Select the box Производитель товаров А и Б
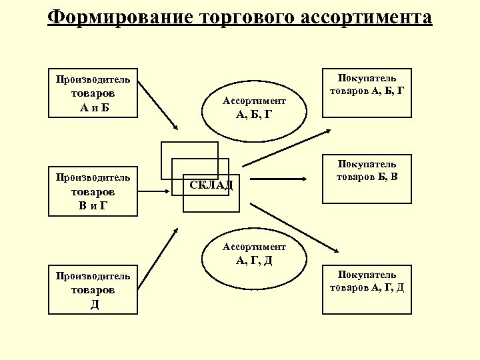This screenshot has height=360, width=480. tap(93, 93)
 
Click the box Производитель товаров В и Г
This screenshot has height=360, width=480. tap(93, 191)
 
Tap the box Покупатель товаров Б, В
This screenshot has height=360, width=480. tap(366, 178)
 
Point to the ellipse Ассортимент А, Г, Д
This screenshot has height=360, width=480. tap(254, 254)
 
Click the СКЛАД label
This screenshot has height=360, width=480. tap(211, 185)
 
